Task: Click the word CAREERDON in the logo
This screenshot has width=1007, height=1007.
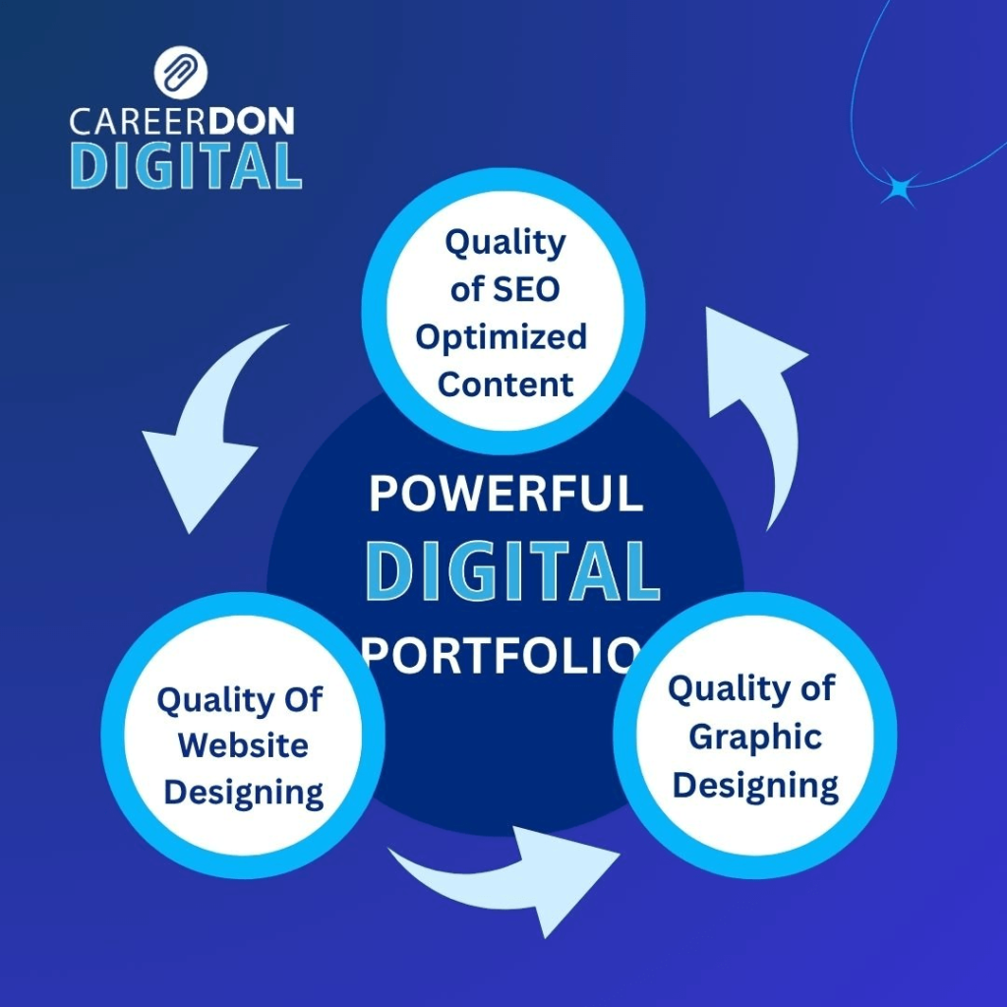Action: (x=182, y=122)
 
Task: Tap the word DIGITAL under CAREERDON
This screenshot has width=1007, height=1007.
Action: (x=186, y=165)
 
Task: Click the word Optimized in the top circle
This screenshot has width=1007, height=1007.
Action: (x=502, y=336)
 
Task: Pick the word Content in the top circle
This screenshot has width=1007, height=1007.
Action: (x=505, y=384)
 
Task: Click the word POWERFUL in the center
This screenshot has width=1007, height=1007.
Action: (x=505, y=495)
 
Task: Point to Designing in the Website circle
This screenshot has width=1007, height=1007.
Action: (x=244, y=792)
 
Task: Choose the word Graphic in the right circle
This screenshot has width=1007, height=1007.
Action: (x=755, y=737)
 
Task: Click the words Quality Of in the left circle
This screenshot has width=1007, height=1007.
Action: (x=240, y=700)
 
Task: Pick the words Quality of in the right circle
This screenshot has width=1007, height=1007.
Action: (x=751, y=689)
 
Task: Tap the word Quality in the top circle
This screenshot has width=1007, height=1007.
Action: (x=505, y=243)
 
